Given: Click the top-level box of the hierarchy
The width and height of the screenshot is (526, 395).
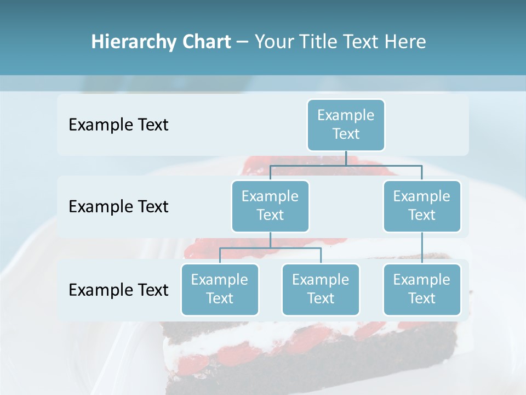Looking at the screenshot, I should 346,125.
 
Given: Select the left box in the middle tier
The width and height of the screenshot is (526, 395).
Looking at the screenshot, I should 270,206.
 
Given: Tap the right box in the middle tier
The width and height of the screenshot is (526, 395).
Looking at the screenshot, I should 422,206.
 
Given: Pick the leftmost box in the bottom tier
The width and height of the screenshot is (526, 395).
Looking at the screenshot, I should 220,290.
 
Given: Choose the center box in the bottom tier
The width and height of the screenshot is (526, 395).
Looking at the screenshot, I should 321,290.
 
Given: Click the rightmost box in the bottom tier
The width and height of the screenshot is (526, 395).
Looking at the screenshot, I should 422,290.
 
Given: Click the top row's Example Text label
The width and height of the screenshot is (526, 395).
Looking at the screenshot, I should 118,125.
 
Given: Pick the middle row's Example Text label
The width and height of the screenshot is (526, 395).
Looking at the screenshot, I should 118,207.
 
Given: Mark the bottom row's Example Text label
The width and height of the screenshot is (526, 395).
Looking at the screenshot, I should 118,290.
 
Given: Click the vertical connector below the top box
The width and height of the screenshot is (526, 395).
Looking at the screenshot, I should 346,158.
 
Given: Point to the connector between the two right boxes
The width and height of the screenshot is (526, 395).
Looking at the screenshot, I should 422,248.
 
